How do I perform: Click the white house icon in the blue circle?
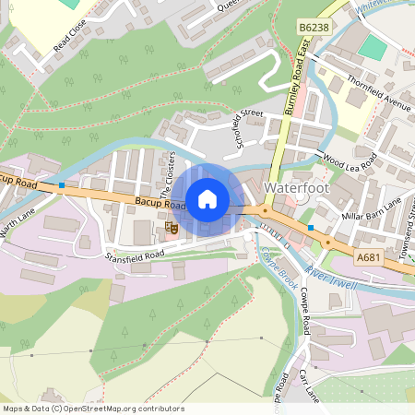tap(207, 198)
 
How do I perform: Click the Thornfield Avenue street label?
tap(378, 92)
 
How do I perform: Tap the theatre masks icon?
tap(171, 226)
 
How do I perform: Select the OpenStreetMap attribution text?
tap(92, 409)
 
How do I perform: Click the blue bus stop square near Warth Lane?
tap(61, 185)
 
